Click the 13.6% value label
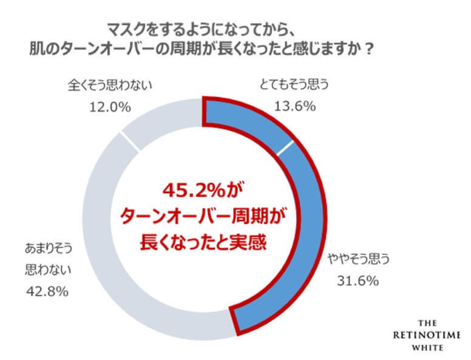click(x=294, y=107)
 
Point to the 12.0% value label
click(x=110, y=107)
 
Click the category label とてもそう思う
click(x=294, y=86)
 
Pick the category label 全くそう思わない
click(x=110, y=86)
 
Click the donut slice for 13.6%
click(x=249, y=121)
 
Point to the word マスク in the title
click(x=124, y=29)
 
